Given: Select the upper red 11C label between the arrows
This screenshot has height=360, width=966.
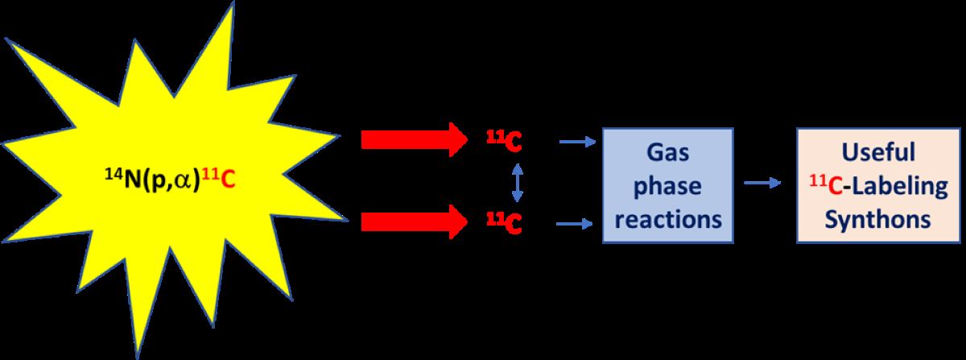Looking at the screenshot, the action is (x=505, y=142).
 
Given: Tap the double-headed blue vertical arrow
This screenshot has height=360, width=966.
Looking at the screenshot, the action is (x=518, y=182).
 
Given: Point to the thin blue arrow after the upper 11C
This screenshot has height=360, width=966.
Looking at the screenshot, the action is (x=576, y=143).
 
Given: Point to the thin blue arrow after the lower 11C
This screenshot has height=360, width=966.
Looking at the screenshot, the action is (x=576, y=222).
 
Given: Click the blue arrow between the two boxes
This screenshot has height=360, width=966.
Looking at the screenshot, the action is (x=762, y=184).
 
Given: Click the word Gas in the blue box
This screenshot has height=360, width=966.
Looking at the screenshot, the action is (x=668, y=153).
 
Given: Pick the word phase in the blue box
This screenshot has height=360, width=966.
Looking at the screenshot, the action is (x=668, y=186).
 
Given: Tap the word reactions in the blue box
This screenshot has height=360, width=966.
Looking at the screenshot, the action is (x=668, y=218).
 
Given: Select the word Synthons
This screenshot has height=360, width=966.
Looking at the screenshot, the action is (x=879, y=219).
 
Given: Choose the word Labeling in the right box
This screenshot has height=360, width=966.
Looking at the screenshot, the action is (x=897, y=185).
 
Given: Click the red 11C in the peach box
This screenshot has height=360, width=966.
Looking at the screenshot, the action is (x=824, y=185).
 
